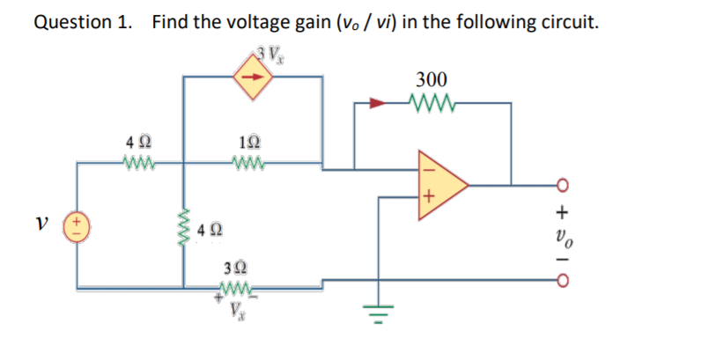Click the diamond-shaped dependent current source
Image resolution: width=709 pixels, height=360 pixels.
click(x=253, y=77)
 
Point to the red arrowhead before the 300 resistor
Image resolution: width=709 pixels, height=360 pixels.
click(x=378, y=103)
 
